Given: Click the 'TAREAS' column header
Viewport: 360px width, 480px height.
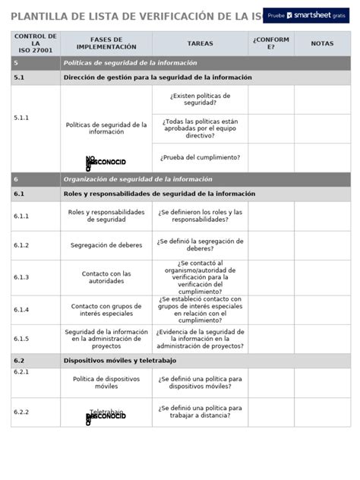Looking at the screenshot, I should click(200, 44).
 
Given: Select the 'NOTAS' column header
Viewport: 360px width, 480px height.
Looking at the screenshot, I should click(322, 44).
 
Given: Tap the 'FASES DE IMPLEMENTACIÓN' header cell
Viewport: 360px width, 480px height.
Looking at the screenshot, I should click(106, 44).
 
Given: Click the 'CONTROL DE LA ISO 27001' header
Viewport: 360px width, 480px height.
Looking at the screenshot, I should click(35, 44).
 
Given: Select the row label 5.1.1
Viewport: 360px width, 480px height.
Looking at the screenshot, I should click(21, 118).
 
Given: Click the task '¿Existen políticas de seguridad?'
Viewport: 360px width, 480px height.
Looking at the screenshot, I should click(200, 99).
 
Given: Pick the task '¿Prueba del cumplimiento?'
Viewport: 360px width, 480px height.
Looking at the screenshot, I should click(200, 157).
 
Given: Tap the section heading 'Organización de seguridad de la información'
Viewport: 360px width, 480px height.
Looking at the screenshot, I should click(138, 179).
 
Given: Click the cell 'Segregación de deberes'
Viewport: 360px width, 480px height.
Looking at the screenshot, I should click(106, 245).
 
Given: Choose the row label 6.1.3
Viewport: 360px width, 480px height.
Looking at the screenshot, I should click(21, 277).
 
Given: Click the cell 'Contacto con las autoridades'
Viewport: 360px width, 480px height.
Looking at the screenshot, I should click(106, 277).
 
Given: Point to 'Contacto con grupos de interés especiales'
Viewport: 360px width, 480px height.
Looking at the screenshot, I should click(106, 310).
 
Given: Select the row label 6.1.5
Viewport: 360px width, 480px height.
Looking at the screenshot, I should click(21, 339).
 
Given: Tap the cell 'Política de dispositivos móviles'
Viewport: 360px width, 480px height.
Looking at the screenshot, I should click(106, 382).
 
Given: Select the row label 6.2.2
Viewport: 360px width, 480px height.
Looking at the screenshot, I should click(21, 412).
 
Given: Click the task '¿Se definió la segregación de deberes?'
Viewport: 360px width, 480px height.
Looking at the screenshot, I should click(200, 245).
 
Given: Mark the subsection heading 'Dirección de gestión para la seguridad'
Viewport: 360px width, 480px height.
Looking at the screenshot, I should click(157, 77).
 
